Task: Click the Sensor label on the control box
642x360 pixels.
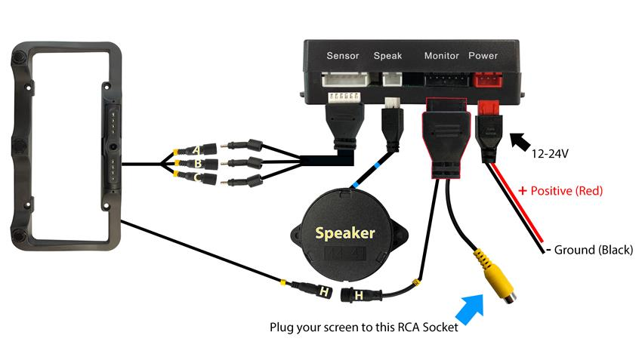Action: (342, 56)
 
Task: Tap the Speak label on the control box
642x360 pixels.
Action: (387, 56)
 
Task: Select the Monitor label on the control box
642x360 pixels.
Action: (441, 56)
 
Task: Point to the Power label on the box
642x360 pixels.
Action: (483, 56)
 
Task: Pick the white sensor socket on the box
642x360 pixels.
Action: (344, 81)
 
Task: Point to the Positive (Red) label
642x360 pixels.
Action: (560, 191)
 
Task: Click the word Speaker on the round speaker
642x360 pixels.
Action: (344, 232)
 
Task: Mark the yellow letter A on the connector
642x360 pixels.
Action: (198, 149)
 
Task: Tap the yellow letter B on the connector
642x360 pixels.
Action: (198, 163)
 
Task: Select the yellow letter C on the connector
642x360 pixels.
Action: (198, 177)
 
